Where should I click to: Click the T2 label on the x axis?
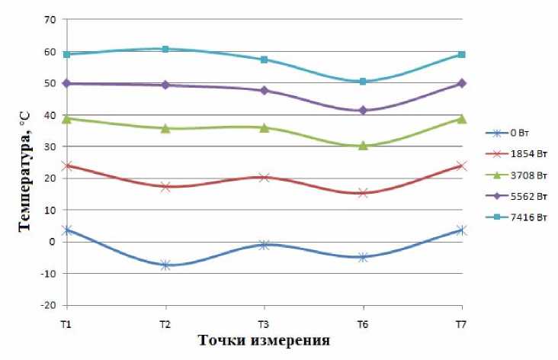coord(165,324)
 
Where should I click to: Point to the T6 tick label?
coord(363,324)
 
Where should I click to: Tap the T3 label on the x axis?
coord(264,324)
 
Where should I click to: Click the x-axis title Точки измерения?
coord(265,340)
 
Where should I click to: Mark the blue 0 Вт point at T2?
coord(165,265)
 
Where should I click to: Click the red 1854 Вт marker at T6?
coord(363,193)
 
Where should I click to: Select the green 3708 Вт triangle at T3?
coord(264,127)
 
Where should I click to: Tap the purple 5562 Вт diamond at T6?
coord(363,111)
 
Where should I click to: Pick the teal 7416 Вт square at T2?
coord(165,49)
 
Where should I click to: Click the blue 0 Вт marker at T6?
coord(363,257)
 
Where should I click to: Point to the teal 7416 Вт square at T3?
coord(264,59)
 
